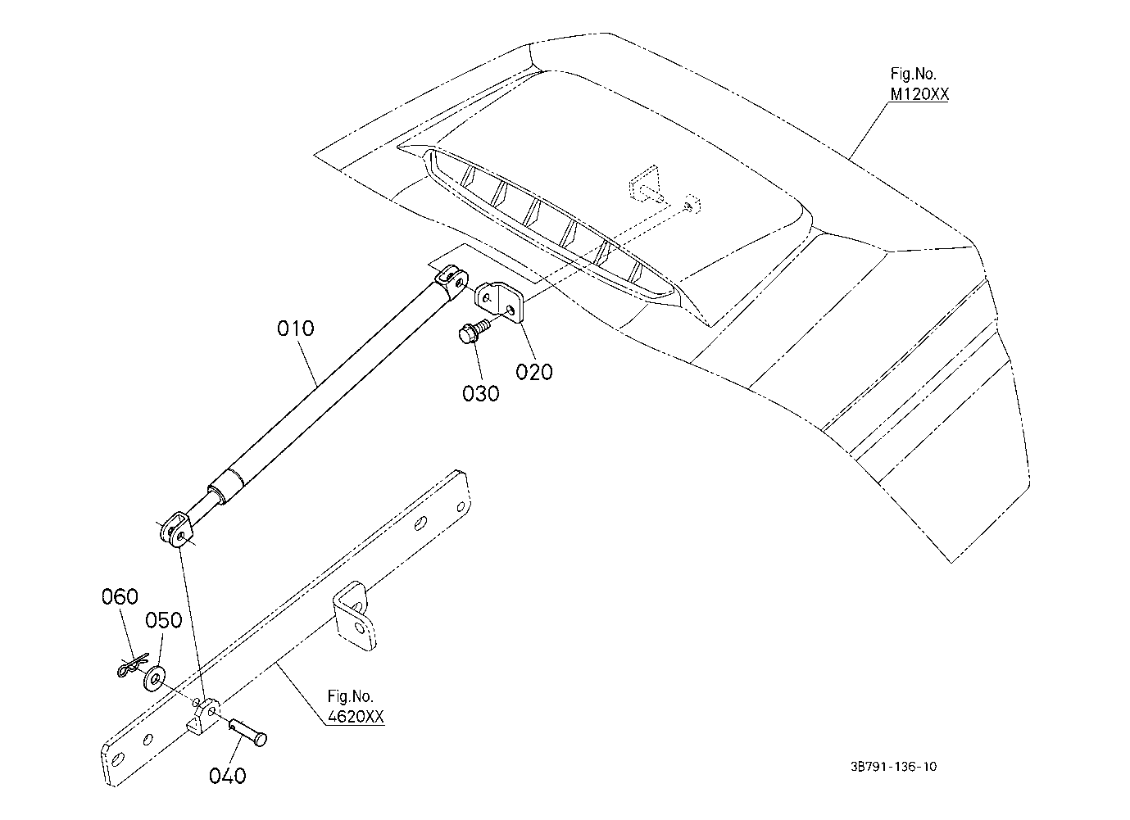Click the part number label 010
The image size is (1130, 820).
(x=296, y=328)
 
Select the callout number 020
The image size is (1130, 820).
(x=534, y=372)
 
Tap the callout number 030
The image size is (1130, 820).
(x=481, y=394)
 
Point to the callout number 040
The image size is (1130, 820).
(x=228, y=776)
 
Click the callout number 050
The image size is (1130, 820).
(x=163, y=620)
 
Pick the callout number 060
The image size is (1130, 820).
(x=120, y=596)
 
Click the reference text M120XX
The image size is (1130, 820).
(x=919, y=94)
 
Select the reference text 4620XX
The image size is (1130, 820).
(x=356, y=716)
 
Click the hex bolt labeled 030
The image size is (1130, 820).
(x=474, y=330)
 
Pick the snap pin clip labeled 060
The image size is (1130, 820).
(x=133, y=665)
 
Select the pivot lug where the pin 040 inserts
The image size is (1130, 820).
(x=202, y=716)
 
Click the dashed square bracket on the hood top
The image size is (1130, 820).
(x=644, y=184)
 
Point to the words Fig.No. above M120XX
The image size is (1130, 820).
(x=913, y=74)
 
